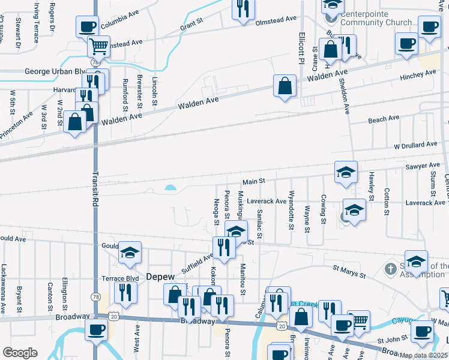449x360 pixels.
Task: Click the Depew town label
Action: pos(160,277)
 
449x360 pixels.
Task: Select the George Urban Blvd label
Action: pos(55,71)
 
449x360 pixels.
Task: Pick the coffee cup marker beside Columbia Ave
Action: pos(87,26)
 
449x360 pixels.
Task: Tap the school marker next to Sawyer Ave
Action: pos(346,172)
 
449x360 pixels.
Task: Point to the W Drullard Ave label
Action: pos(415,145)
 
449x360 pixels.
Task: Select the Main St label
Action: pos(254,181)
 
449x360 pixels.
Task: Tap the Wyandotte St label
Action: pos(291,211)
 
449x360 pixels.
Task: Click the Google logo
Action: pos(20,353)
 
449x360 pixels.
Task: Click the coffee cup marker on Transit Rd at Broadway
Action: pos(96,329)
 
